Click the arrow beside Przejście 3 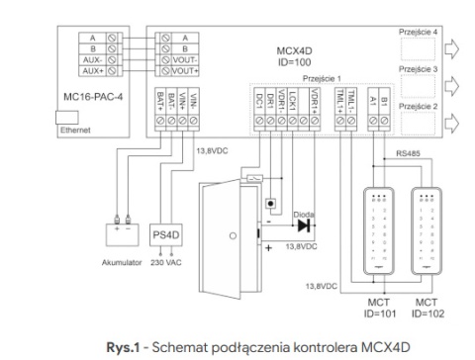pos(451,83)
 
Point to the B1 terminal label pos(383,102)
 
